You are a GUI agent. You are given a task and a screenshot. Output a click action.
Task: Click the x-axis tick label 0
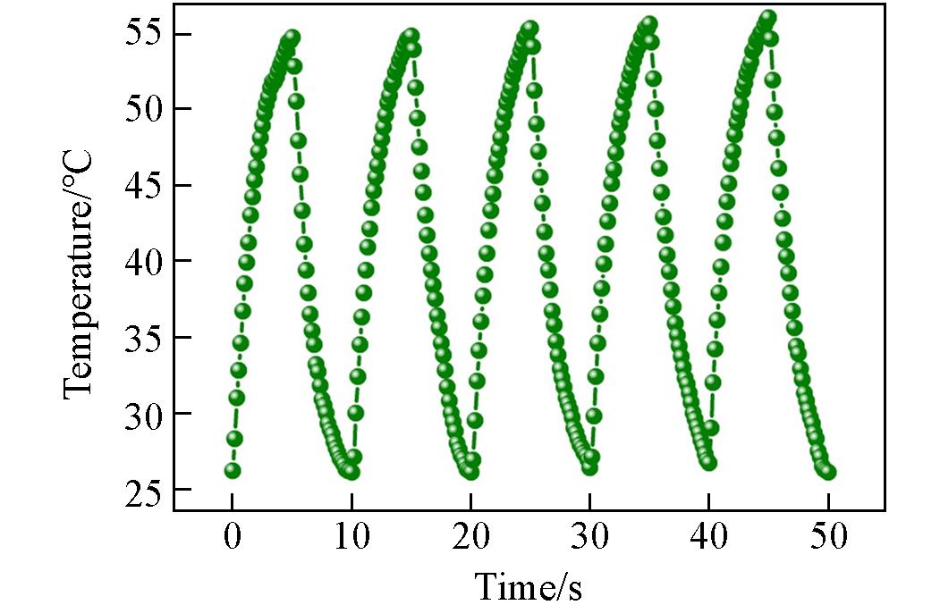pos(232,538)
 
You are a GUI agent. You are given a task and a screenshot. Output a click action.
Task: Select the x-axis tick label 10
pos(351,538)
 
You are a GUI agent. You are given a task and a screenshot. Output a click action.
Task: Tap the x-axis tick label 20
pos(470,538)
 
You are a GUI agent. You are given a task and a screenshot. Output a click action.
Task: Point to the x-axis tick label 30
pos(589,538)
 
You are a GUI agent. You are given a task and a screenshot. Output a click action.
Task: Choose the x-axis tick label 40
pos(708,538)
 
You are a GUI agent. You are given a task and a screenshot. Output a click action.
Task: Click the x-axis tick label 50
pos(827,538)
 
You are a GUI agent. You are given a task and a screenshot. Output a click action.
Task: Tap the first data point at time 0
pos(233,470)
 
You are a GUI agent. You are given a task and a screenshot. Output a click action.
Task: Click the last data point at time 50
pos(828,471)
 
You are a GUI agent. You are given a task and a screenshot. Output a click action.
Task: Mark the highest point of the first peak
pos(292,38)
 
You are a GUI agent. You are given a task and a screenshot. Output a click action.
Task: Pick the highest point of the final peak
pos(767,17)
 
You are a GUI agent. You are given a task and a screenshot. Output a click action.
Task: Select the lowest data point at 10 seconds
pos(351,471)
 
